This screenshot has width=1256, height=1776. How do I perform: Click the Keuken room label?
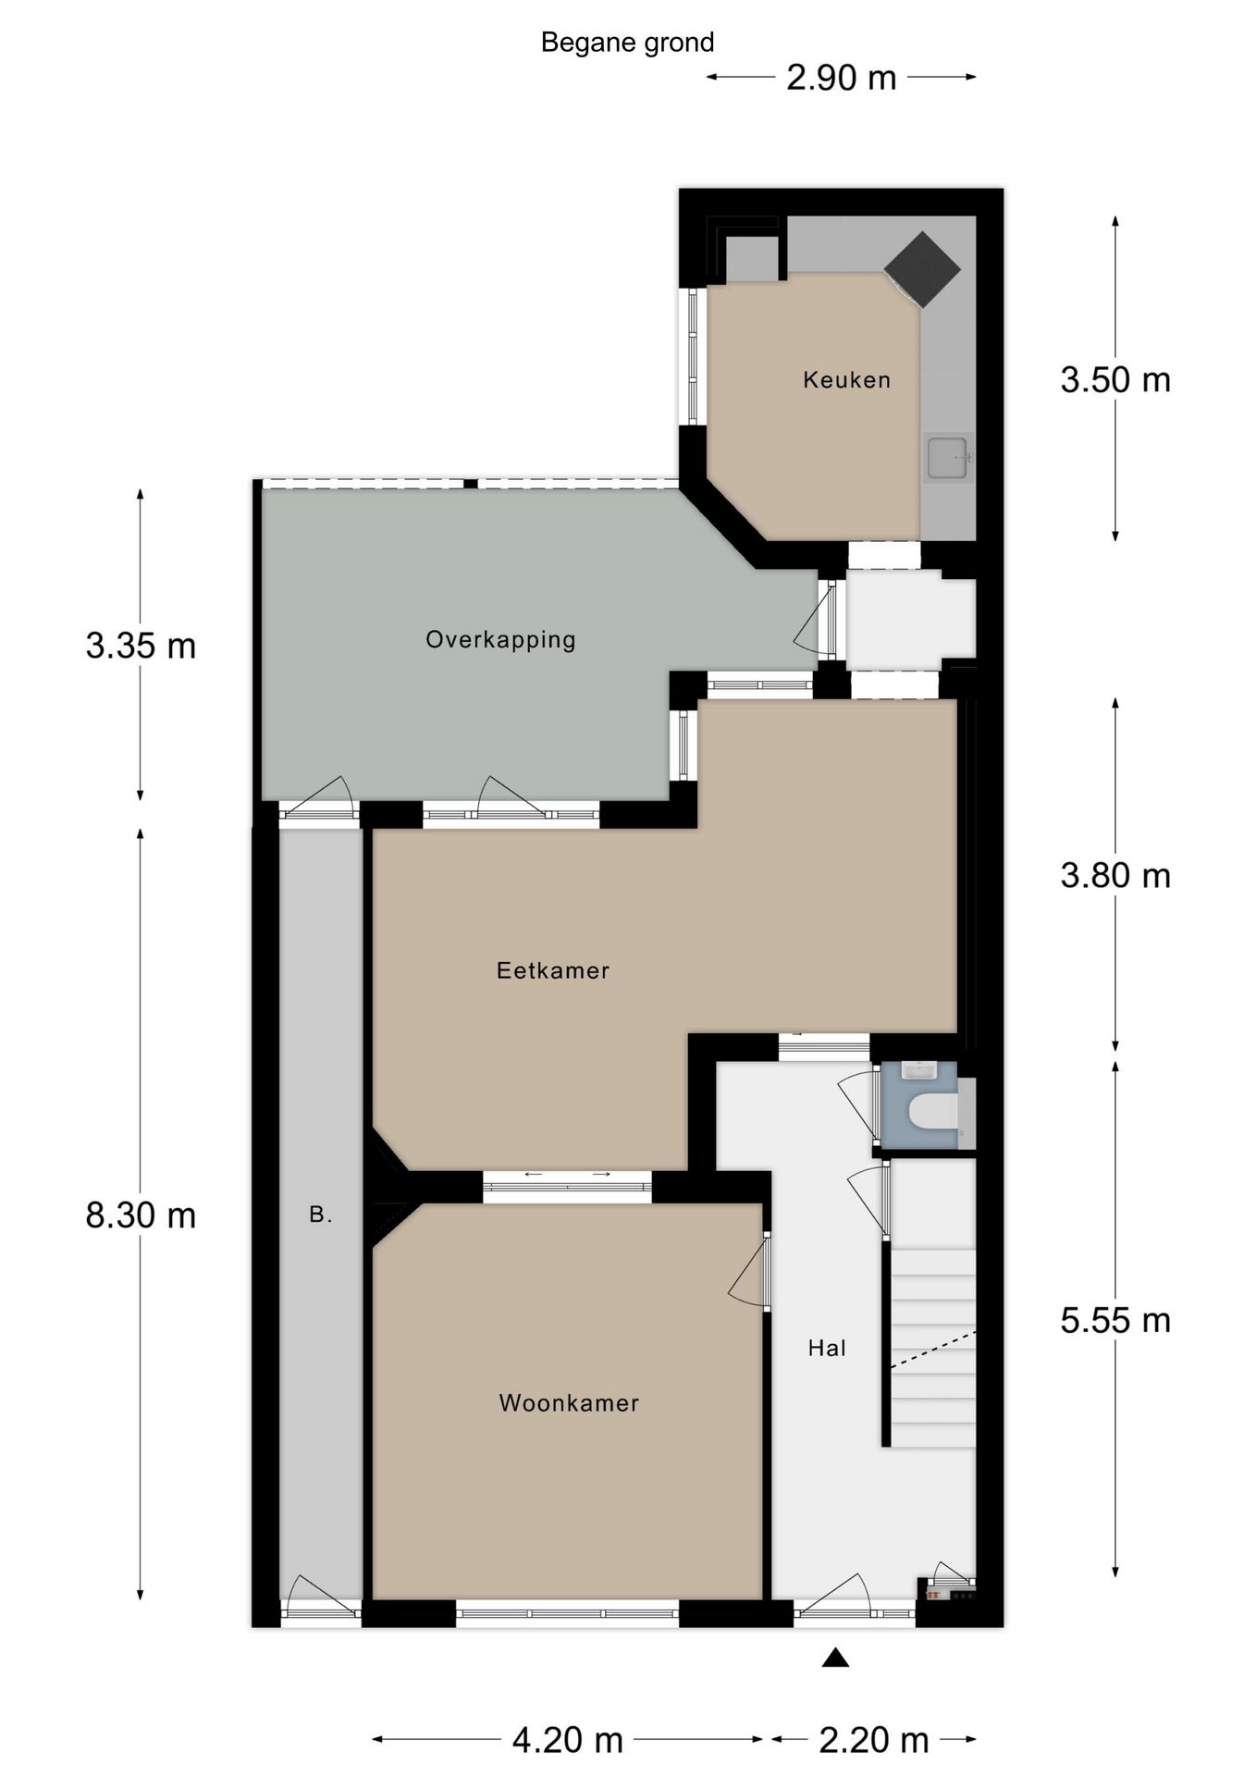point(846,379)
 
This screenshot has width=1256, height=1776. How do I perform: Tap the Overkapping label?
point(500,640)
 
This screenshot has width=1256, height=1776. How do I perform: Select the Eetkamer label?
point(553,970)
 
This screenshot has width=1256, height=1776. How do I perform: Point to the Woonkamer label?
point(569,1403)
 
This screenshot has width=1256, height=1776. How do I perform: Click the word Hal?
point(827,1348)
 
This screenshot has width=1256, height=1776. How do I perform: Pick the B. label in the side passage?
point(320,1215)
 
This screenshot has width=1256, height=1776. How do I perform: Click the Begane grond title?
point(627,43)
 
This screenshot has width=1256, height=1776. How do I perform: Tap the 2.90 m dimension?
point(842,78)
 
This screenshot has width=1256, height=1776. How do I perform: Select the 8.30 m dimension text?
point(141,1215)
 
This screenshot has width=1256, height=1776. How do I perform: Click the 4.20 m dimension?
point(568,1741)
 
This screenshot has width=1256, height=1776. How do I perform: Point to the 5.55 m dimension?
point(1115,1321)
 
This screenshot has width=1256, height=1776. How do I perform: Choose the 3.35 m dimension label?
point(141,646)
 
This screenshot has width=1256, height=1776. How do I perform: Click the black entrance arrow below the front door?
point(835,1658)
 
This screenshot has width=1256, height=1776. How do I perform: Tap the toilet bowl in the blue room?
point(932,1112)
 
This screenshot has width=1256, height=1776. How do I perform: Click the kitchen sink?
point(947,457)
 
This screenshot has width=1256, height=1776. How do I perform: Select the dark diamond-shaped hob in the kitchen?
point(922,269)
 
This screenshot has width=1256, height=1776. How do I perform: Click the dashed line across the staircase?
point(932,1350)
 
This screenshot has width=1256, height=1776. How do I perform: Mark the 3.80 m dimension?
point(1115,876)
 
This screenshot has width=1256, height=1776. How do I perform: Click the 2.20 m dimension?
point(874,1741)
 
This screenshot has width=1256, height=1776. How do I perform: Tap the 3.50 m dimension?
point(1115,380)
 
